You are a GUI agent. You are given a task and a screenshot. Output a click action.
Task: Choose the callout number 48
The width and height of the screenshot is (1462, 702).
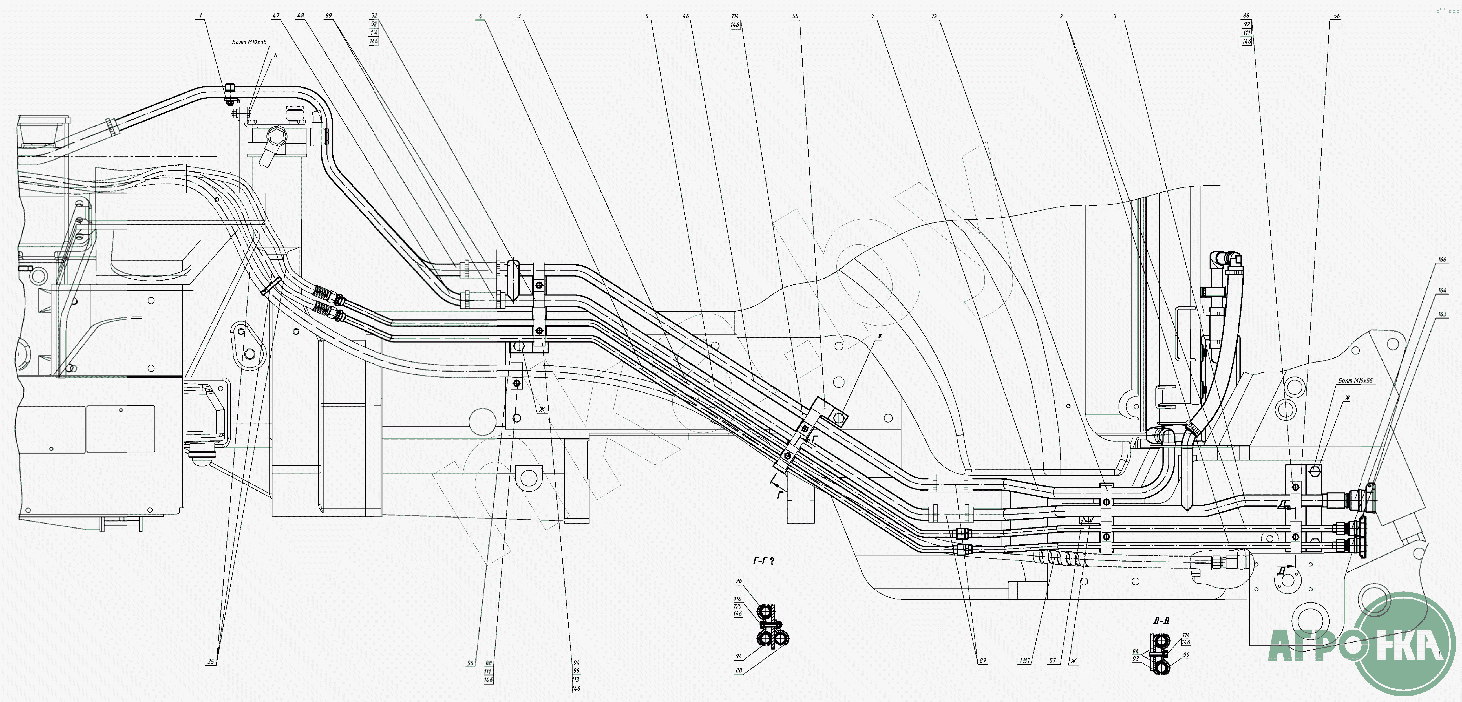pyautogui.click(x=301, y=16)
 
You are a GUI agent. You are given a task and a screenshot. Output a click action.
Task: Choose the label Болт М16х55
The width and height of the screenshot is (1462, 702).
pyautogui.click(x=1355, y=381)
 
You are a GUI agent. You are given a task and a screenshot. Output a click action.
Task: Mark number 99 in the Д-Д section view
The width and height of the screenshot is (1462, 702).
pyautogui.click(x=1186, y=654)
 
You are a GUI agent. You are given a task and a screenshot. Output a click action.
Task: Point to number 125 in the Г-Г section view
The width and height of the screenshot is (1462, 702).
pyautogui.click(x=738, y=606)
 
